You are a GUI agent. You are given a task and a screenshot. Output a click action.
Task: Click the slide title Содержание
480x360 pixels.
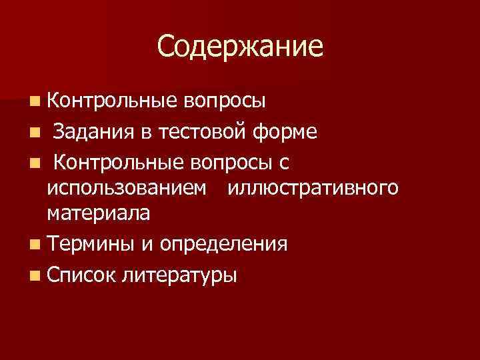coord(240,47)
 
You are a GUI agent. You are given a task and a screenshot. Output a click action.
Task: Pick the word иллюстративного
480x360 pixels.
coord(313,189)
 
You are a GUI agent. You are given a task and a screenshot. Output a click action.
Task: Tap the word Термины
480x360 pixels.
coord(91,244)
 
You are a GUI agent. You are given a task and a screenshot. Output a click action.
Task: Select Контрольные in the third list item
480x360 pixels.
coord(117,163)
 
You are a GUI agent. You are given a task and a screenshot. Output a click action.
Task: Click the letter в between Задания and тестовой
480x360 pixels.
coord(146,133)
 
